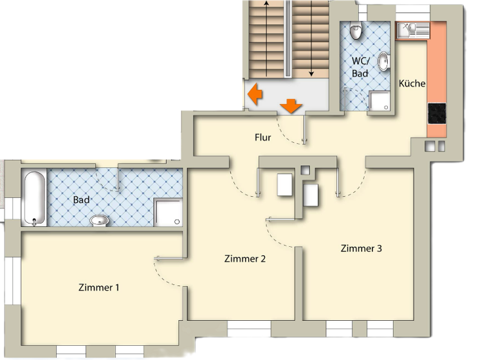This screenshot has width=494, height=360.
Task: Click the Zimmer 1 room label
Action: coord(98,287)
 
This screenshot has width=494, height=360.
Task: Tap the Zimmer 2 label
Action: coord(245,259)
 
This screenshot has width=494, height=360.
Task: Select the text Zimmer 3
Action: coord(361,248)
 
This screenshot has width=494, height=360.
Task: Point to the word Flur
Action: coord(262,138)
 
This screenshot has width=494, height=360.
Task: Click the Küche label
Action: coord(412,84)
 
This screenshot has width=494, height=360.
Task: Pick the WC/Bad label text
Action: coord(360,67)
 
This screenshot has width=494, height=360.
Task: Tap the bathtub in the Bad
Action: coord(34,197)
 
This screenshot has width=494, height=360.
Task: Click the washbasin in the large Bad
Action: coord(99,221)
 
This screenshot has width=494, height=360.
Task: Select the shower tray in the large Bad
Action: coord(169,212)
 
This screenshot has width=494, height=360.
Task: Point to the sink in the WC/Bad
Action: coord(383,61)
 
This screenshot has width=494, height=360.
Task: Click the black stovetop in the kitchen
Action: coord(437,114)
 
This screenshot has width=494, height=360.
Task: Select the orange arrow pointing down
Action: coord(292,105)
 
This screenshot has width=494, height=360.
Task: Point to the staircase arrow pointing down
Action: coord(312,39)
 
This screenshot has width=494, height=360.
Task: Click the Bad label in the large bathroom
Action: coord(81,200)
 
